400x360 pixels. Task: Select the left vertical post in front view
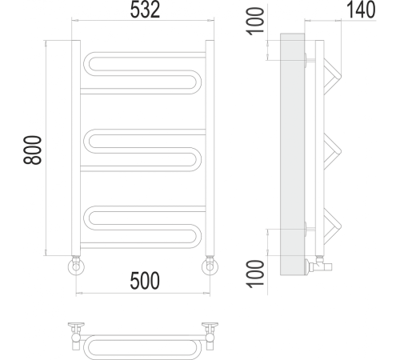point(76,148)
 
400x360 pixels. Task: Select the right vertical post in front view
point(210,148)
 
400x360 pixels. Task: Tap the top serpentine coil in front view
point(144,73)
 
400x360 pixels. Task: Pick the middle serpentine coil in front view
point(144,149)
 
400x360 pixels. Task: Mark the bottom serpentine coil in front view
point(144,225)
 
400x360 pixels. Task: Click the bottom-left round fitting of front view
point(75,265)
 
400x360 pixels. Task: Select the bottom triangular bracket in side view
point(332,225)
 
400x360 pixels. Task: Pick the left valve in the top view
point(77,331)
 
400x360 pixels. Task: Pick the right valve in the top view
point(210,331)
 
